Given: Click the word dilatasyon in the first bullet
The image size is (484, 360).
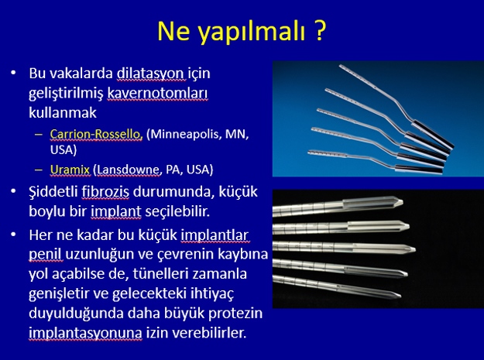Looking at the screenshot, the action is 151,74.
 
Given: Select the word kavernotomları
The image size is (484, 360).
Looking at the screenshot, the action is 157,94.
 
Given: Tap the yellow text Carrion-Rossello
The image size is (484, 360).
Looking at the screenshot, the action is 96,134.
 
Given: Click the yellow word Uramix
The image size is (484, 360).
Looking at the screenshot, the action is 70,170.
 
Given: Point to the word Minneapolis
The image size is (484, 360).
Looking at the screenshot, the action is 184,135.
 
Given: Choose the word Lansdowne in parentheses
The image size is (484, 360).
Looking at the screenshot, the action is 127,170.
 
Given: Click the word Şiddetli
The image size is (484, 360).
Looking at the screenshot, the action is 53,192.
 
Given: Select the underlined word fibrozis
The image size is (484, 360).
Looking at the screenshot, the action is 105,192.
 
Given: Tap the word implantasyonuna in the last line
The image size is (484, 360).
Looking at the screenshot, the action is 85,333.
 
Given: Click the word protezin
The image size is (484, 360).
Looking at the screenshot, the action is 235,314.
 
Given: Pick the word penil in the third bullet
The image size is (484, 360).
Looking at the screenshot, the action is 46,255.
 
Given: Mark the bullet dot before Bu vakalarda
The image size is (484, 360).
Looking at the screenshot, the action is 13,73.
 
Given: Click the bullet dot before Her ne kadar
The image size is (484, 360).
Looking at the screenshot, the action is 13,235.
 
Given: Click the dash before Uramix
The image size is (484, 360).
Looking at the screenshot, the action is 39,170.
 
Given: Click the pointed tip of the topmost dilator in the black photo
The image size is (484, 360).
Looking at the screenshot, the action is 402,203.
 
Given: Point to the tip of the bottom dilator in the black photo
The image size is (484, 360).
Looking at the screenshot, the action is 400,297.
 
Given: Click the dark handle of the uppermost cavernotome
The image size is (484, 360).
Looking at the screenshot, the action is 433,134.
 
